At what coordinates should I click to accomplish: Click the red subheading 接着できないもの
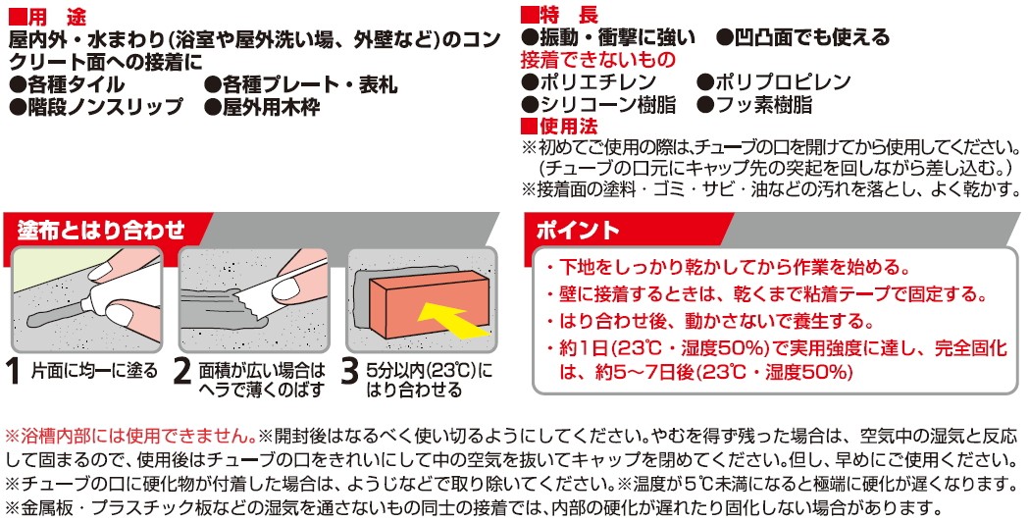coord(597,60)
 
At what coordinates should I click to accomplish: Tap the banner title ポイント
coord(578,230)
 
